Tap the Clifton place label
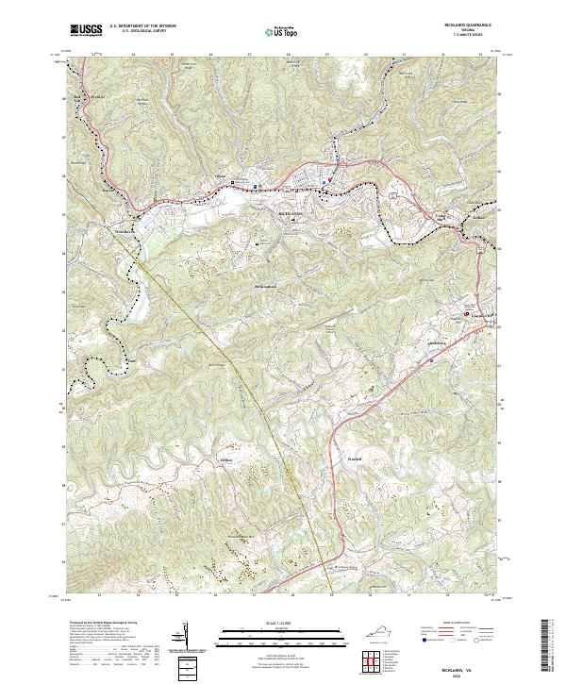(x=225, y=459)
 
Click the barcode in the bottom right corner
(x=549, y=646)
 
